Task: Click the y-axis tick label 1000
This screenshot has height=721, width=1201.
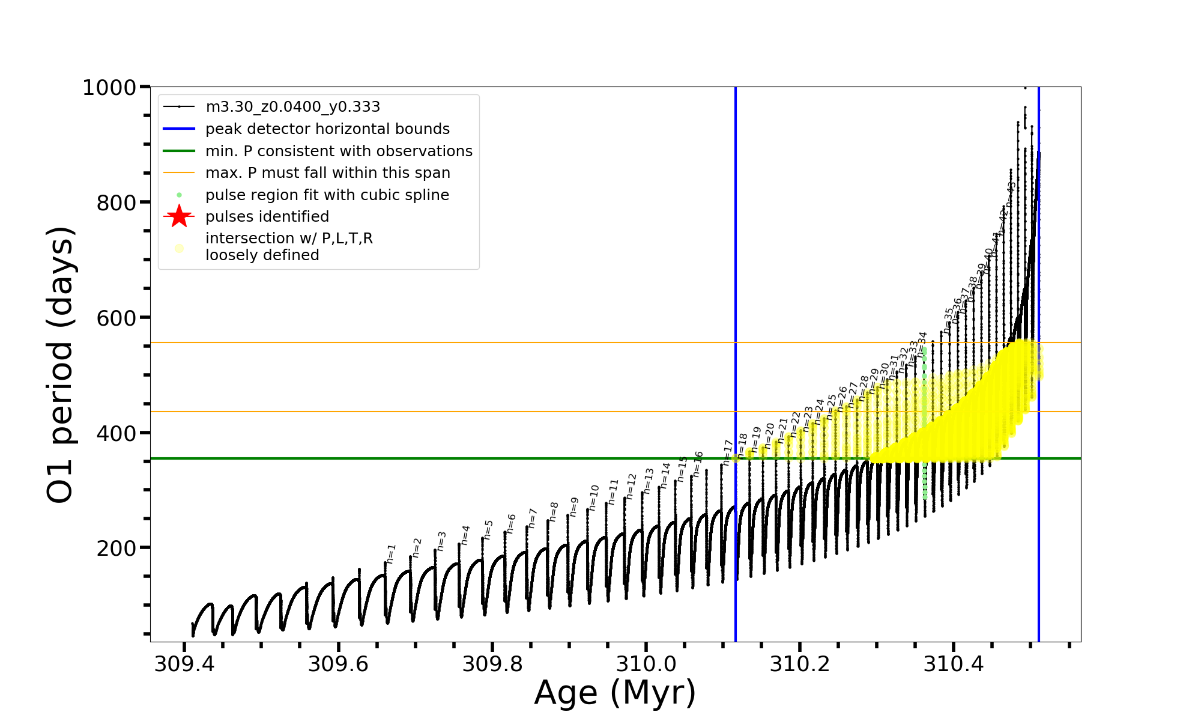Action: point(109,88)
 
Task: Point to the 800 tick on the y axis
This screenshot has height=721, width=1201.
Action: point(116,203)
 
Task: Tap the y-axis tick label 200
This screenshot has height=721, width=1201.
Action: point(116,549)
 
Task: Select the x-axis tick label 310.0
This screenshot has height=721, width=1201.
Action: point(646,665)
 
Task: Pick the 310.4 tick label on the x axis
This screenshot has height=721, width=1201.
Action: point(953,665)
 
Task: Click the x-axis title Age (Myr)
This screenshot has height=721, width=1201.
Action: point(615,693)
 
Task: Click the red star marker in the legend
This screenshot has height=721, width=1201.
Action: point(179,216)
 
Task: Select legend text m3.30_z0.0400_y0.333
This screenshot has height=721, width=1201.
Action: point(292,107)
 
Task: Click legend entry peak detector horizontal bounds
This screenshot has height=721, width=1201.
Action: point(327,129)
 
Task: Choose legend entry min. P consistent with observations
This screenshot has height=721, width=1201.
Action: point(339,151)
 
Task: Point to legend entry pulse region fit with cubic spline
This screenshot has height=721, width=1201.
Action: point(327,195)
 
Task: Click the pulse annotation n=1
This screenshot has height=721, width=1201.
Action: point(391,553)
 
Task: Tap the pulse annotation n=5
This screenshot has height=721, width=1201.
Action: point(488,529)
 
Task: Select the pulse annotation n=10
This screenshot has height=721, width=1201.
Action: point(594,497)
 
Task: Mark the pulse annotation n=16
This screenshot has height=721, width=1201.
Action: point(698,464)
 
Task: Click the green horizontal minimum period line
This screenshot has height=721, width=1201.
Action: point(420,458)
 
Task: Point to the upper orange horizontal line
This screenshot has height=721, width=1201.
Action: point(420,342)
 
